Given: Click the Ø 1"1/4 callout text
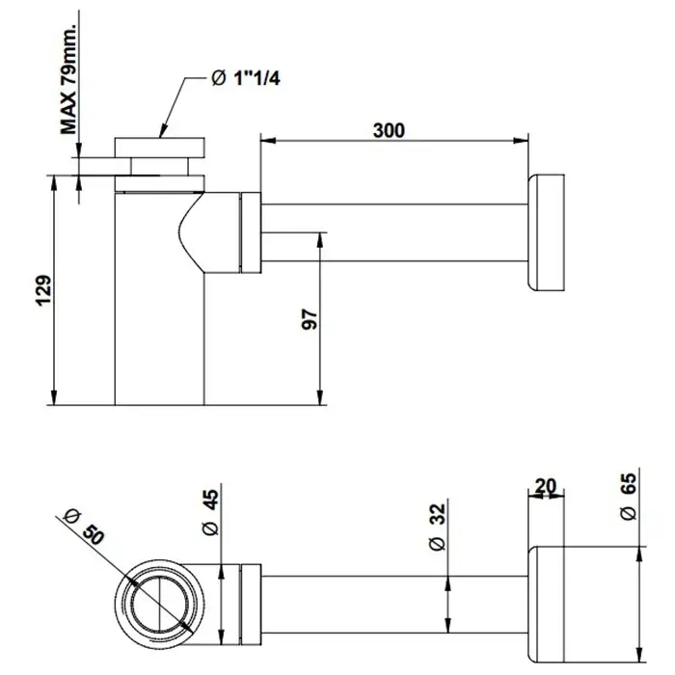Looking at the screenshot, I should [x=250, y=76].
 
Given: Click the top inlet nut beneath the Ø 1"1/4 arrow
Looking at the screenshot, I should [x=161, y=152].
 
